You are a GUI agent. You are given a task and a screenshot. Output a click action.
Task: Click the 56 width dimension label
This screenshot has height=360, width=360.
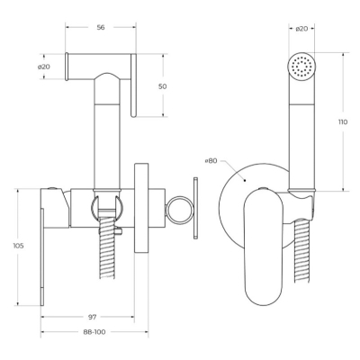pos(101,27)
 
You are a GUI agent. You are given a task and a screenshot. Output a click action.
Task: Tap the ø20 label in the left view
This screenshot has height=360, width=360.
pos(44,67)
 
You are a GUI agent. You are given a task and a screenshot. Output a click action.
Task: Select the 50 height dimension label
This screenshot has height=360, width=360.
pos(162,86)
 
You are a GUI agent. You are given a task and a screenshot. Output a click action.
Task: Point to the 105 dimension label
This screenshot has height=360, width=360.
pos(18,246)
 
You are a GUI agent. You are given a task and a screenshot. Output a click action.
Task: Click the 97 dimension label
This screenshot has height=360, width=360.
pos(92,317)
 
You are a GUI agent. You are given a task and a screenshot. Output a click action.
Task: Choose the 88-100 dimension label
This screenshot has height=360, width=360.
pos(94,332)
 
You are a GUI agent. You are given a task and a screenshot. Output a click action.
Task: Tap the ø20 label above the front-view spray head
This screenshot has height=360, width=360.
pos(301,29)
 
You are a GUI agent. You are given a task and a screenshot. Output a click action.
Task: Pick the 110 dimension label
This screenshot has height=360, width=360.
pos(343,122)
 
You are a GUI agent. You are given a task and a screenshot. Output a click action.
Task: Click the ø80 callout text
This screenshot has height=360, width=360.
pos(211,161)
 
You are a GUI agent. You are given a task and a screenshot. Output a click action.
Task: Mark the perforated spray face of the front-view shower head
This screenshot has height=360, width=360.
pos(301,67)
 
